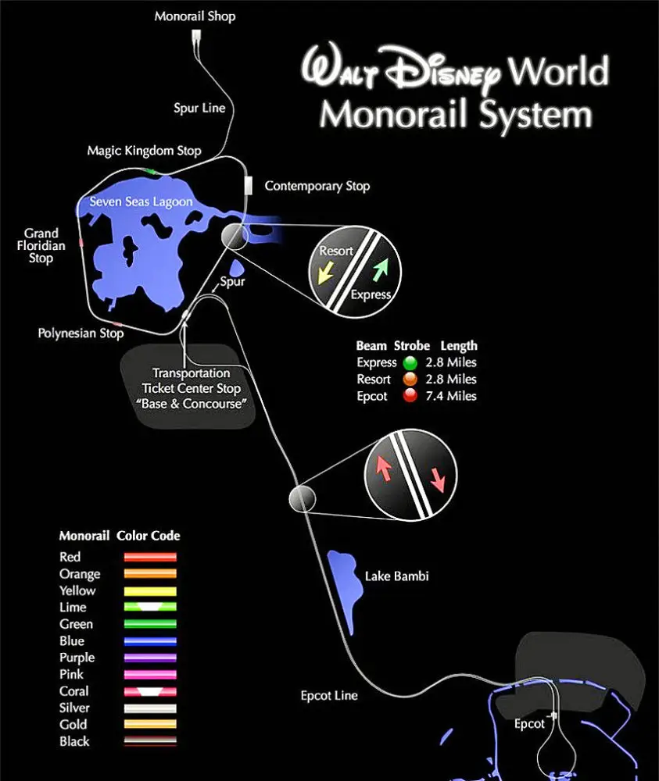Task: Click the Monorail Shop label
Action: click(x=195, y=16)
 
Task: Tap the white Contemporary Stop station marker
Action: click(x=249, y=185)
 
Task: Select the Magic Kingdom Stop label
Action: click(x=144, y=151)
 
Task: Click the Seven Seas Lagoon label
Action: click(x=141, y=201)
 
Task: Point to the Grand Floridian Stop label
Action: click(x=41, y=245)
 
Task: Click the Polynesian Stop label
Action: click(x=81, y=333)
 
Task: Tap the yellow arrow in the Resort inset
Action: click(x=326, y=273)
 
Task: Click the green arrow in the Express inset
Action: click(x=381, y=269)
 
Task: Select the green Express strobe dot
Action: click(x=410, y=362)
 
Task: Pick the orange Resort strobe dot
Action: click(x=410, y=379)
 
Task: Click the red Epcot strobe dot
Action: click(x=410, y=395)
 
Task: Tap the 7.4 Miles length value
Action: click(x=451, y=396)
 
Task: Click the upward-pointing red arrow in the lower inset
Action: click(x=383, y=469)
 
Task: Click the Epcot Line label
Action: click(x=329, y=696)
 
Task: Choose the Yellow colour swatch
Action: click(x=150, y=591)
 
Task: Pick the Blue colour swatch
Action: click(x=150, y=641)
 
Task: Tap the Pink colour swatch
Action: click(x=150, y=675)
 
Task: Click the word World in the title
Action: click(x=558, y=71)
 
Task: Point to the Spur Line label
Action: click(x=199, y=108)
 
